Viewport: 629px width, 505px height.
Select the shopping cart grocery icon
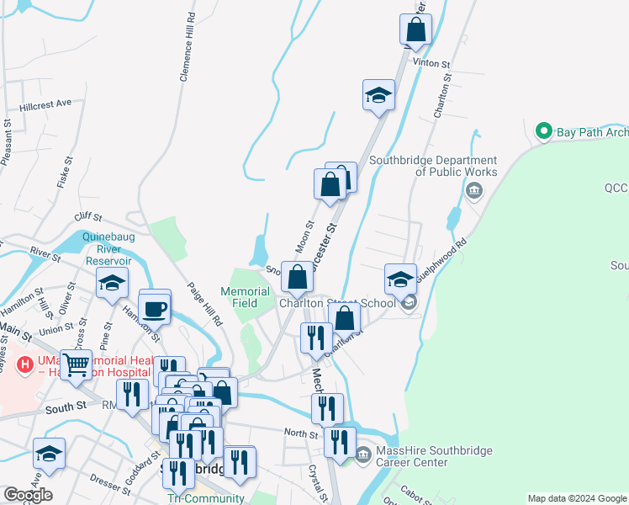76,365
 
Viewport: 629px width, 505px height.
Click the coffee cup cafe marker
155,308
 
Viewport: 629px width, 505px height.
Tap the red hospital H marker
26,365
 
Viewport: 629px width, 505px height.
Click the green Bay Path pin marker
543,132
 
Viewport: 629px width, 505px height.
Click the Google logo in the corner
28,495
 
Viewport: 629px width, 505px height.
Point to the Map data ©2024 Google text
577,498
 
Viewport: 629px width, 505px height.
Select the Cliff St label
87,216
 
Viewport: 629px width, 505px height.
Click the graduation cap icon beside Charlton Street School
400,279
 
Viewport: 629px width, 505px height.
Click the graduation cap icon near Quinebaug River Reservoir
111,284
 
